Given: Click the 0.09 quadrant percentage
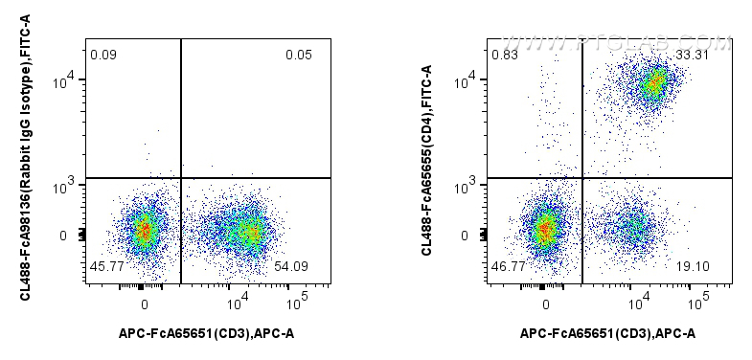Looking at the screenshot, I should click(103, 54).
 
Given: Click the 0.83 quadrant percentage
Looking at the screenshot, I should click(504, 54).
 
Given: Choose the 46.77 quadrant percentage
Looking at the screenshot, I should click(507, 265).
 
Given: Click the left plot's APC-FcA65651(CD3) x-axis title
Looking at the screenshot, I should click(207, 333).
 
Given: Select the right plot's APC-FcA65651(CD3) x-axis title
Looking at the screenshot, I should click(608, 333).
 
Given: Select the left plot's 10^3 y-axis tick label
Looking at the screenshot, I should click(65, 188).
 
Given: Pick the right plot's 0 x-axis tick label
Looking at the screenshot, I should click(546, 304).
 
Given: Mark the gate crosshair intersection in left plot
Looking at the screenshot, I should click(181, 178).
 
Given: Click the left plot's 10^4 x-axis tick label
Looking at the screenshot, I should click(235, 304).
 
